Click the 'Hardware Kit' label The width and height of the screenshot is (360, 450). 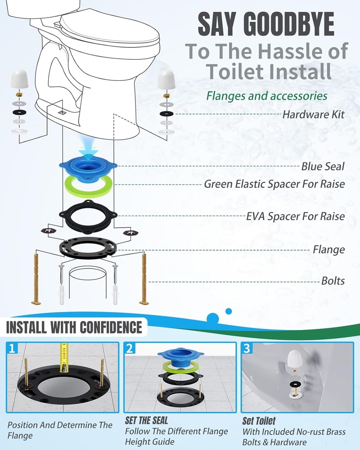pos(313,115)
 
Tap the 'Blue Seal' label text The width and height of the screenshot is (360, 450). pos(323,167)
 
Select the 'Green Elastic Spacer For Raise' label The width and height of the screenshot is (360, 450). pos(274,184)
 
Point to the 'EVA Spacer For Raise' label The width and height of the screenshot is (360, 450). pos(295,216)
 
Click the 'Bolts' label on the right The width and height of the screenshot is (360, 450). pos(333,281)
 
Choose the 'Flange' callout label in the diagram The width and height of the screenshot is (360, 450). pos(328,250)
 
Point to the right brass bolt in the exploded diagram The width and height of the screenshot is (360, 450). pos(144,279)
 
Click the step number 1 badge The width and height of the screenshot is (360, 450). pos(13,348)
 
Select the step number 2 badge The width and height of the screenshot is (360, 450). pos(130,348)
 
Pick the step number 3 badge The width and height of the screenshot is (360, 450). pos(247,348)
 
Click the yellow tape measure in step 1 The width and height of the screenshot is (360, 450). pos(64,357)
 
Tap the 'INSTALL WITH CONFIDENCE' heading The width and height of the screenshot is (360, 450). pos(74,327)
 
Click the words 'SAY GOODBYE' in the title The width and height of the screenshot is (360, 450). pos(265,25)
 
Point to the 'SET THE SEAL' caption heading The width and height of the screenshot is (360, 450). pos(146,421)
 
